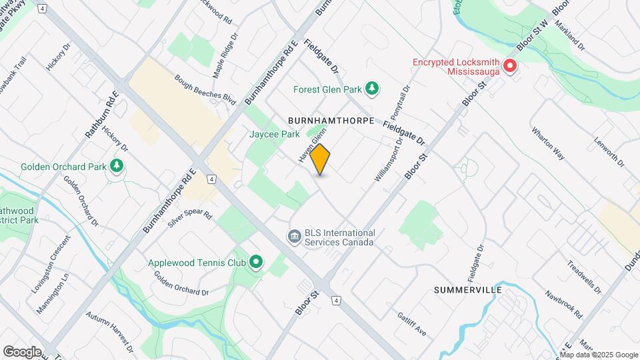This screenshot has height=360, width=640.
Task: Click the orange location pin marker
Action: [320, 159]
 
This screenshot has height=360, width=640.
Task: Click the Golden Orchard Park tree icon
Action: [117, 166]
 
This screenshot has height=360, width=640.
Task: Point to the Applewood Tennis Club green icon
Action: [256, 263]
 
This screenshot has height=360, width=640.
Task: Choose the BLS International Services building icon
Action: [293, 237]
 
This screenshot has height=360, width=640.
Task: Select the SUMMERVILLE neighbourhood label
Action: [467, 290]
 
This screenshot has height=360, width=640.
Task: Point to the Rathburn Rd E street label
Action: [102, 115]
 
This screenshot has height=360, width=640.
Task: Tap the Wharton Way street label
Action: [548, 143]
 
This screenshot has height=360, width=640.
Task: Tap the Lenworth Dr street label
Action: [608, 153]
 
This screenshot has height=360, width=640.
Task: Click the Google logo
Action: [22, 351]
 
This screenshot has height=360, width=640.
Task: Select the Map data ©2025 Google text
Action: [598, 355]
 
